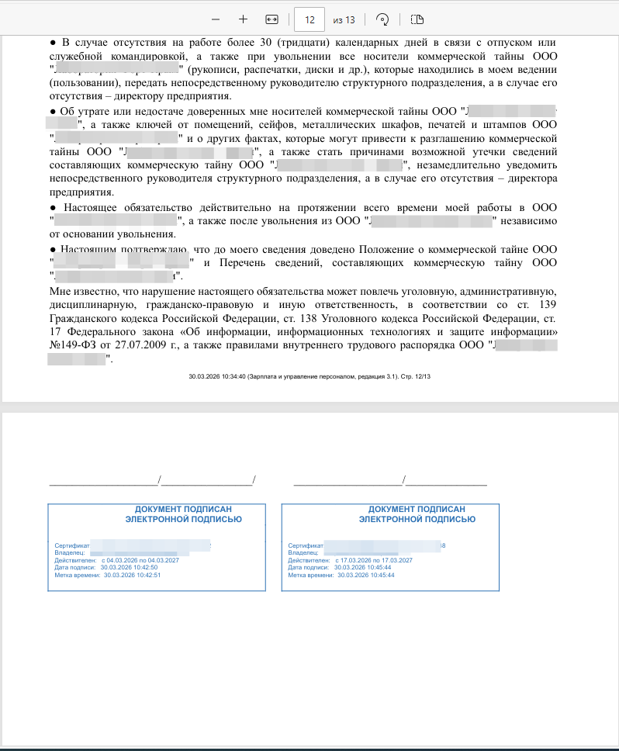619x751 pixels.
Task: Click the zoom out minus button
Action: click(215, 19)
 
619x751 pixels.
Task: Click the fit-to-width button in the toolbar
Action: click(271, 19)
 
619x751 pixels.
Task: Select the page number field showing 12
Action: click(309, 19)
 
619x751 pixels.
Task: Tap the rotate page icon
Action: click(381, 19)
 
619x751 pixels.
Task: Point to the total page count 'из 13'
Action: click(344, 19)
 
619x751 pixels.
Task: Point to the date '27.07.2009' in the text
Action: click(139, 346)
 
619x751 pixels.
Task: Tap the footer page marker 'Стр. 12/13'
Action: click(414, 376)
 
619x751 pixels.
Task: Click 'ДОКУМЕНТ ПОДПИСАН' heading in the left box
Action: click(185, 508)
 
